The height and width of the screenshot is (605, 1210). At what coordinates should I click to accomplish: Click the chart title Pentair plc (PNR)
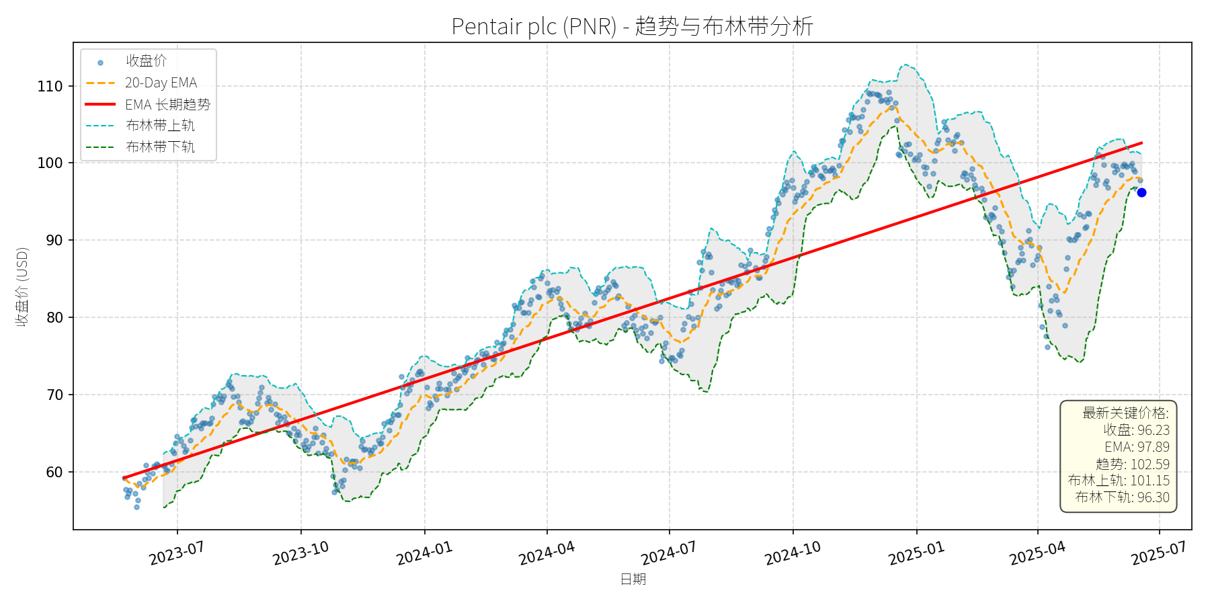click(x=632, y=26)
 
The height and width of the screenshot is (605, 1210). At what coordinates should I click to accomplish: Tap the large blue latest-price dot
click(x=1141, y=192)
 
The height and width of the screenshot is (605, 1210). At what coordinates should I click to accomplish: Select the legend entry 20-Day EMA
click(x=161, y=83)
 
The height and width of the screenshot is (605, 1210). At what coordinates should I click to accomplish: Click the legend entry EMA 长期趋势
click(x=167, y=104)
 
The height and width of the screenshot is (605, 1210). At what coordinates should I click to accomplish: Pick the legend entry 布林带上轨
click(x=160, y=126)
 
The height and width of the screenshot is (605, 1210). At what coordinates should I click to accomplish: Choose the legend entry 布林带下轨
click(x=160, y=147)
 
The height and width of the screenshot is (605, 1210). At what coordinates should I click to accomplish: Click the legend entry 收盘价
click(x=146, y=61)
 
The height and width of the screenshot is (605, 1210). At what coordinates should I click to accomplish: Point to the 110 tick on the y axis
click(x=50, y=86)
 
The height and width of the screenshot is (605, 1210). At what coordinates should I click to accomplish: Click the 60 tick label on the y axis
click(x=54, y=472)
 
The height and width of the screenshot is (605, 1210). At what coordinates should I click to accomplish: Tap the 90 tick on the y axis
click(x=54, y=240)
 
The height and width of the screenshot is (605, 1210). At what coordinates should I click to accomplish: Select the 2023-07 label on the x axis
click(x=176, y=553)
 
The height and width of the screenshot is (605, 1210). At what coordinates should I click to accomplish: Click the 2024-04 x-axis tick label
click(x=547, y=553)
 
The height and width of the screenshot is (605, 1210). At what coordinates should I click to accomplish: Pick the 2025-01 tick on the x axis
click(x=916, y=553)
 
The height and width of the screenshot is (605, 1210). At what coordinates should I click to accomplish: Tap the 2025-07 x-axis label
click(x=1158, y=553)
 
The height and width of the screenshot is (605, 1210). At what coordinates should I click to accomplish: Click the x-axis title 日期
click(x=633, y=579)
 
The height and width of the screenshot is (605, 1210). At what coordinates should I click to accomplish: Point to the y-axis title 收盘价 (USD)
click(x=22, y=287)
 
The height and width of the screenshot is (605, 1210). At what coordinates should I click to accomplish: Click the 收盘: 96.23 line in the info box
click(x=1136, y=430)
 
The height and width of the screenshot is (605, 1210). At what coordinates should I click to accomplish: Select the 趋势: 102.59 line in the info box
click(x=1132, y=464)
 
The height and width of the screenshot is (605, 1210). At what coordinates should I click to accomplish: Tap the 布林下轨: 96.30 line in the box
click(x=1122, y=497)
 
